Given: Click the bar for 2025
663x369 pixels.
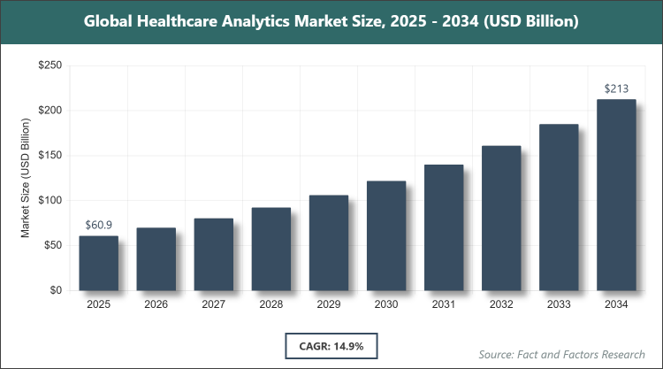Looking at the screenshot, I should click(98, 263).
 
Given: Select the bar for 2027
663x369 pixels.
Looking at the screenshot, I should click(213, 254).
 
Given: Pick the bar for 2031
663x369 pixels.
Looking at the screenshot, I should click(444, 227).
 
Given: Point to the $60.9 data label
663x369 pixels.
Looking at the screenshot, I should click(98, 227).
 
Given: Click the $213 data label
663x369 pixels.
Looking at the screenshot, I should click(616, 89).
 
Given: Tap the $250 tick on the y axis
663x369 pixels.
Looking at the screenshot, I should click(50, 65).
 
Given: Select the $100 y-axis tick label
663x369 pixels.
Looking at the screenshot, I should click(50, 200).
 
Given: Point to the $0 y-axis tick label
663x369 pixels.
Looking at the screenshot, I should click(56, 290).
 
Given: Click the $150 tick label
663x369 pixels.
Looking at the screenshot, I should click(50, 156).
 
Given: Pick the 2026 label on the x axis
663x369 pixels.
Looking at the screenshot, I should click(156, 304).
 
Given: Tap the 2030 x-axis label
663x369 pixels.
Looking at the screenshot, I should click(386, 304).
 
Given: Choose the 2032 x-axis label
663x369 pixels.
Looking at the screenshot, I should click(501, 304).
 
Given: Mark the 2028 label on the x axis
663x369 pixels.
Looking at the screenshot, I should click(271, 304).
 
